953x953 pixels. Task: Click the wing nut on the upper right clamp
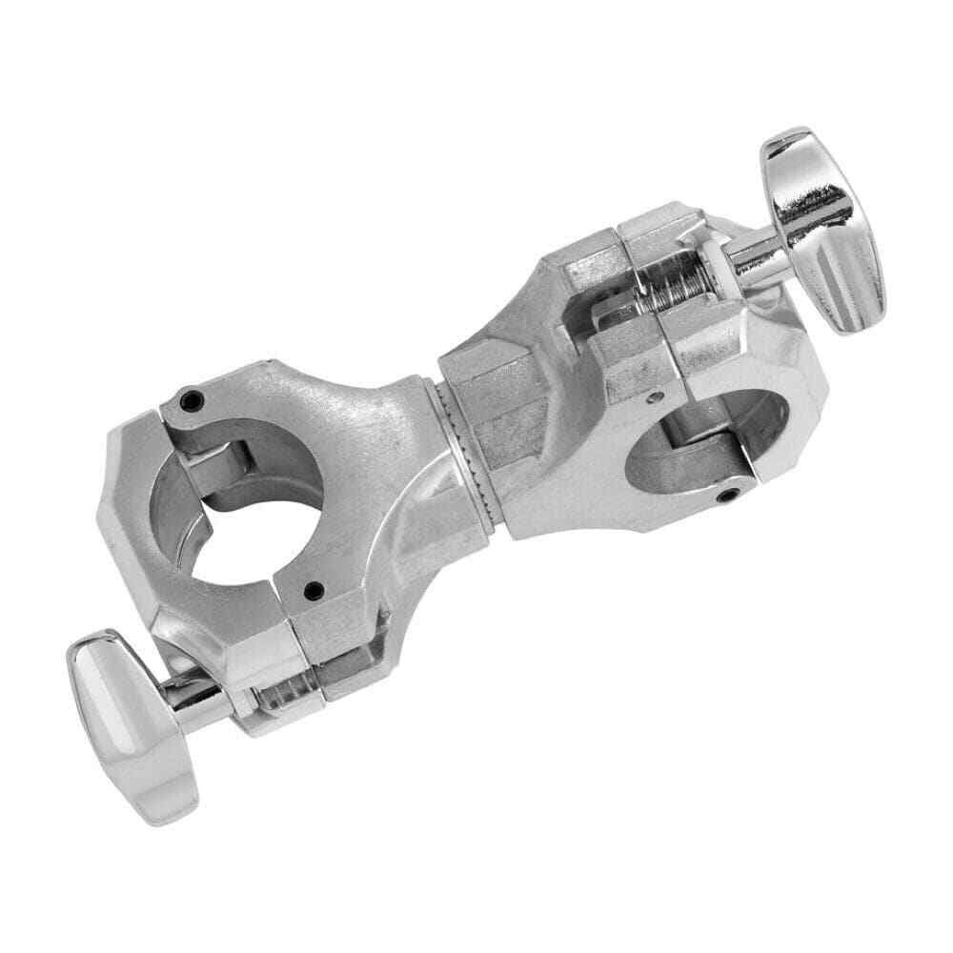[x=821, y=229]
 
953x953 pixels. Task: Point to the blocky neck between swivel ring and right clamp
[x=505, y=400]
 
